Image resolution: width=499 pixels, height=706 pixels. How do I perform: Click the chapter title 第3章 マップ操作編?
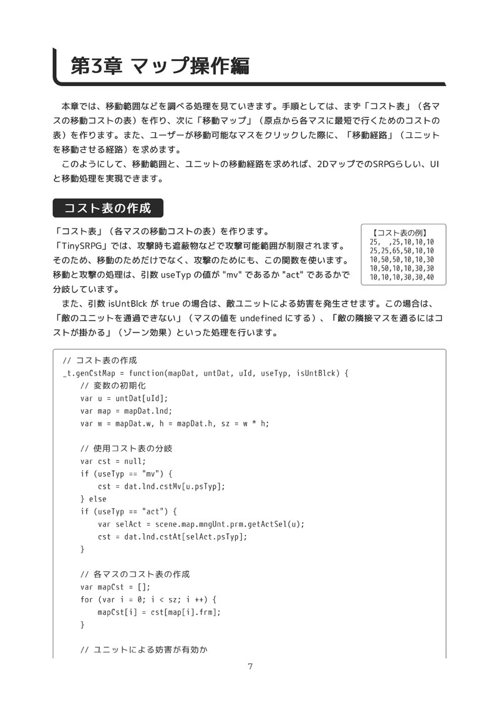point(160,66)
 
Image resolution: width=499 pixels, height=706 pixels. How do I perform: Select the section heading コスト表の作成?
point(108,208)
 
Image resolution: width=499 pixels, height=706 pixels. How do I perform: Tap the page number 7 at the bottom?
point(249,666)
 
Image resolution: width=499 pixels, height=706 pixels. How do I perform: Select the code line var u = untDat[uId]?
point(124,399)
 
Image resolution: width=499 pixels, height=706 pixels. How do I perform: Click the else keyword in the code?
point(93,499)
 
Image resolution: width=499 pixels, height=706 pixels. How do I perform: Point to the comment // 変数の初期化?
point(113,386)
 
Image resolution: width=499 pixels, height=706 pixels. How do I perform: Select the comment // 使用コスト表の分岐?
point(126,448)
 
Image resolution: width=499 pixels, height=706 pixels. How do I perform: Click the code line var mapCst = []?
point(115,587)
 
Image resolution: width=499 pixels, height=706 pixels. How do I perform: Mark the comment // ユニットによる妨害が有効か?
point(143,650)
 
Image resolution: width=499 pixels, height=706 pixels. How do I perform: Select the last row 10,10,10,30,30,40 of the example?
point(402,277)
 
